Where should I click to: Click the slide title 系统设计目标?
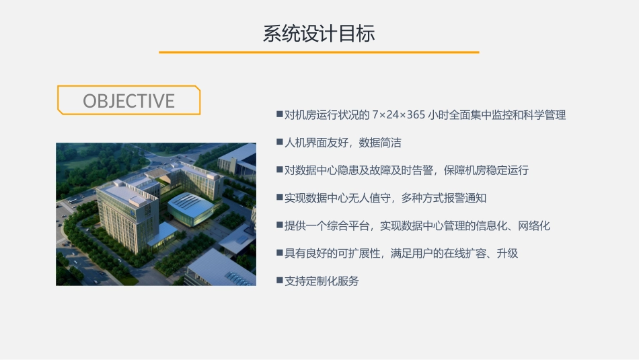coord(319,34)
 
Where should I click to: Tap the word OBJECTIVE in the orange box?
coord(128,101)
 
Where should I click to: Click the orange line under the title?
coord(319,52)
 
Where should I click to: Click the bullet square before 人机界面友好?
coord(279,142)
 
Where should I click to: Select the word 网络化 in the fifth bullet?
coord(534,225)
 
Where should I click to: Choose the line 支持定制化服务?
coord(322,281)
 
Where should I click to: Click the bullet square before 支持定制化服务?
coord(279,280)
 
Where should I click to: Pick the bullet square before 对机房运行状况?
coord(279,114)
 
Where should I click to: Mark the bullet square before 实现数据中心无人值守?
coord(279,197)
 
